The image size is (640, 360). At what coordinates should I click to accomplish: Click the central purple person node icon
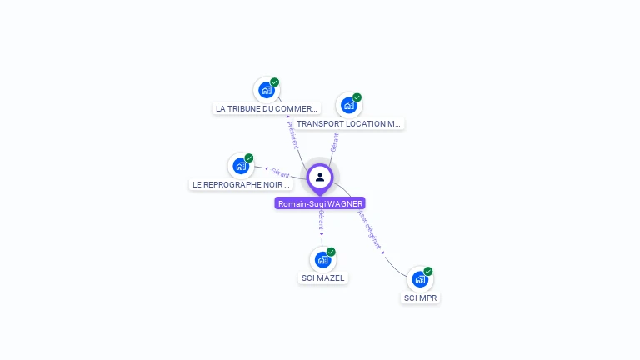tap(320, 177)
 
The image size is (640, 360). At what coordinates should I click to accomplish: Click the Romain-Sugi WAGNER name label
tap(320, 203)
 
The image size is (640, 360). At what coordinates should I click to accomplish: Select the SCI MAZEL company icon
tap(322, 260)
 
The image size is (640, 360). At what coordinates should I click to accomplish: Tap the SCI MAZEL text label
tap(322, 278)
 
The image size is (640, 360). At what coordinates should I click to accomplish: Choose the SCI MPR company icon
tap(419, 279)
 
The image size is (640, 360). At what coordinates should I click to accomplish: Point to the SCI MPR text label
tap(420, 297)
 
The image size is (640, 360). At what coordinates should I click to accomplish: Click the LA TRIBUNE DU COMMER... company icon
tap(266, 90)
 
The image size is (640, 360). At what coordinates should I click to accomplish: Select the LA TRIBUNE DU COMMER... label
tap(267, 108)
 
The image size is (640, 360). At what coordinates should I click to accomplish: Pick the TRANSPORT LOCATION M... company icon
tap(348, 106)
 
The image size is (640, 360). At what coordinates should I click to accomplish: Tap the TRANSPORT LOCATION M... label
tap(348, 124)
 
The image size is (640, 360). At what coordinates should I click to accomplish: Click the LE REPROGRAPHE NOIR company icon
tap(241, 166)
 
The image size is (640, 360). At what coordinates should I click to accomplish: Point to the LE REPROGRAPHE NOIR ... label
tap(241, 184)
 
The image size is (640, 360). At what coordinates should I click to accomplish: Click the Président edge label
tap(292, 134)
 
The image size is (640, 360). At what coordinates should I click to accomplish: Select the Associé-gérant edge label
tap(369, 230)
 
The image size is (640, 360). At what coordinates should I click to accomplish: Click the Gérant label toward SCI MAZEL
tap(321, 221)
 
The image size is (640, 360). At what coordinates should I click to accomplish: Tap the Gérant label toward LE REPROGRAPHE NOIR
tap(280, 173)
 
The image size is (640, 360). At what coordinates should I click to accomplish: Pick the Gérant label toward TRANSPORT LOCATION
tap(334, 142)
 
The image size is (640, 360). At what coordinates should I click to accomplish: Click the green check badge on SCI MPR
tap(428, 271)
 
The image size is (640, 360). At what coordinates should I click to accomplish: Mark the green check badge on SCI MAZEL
tap(331, 252)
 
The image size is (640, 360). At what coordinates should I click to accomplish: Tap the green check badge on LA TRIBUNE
tap(275, 82)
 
